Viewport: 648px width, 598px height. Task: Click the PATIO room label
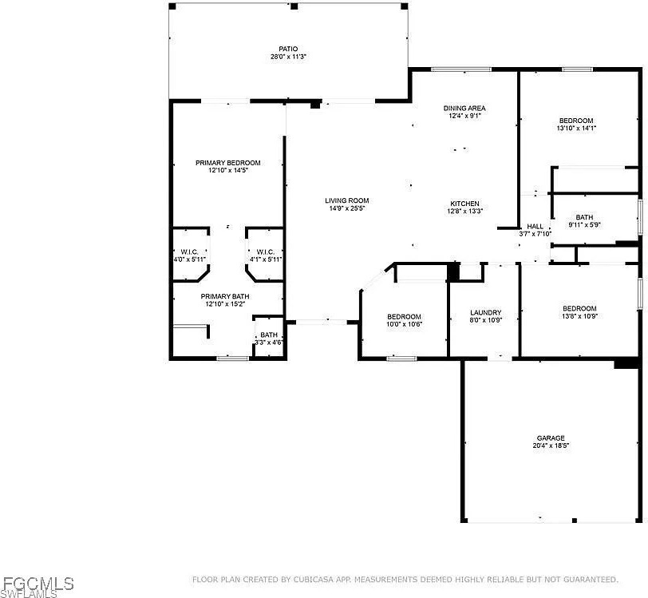(x=288, y=49)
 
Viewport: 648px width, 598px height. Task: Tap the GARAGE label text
(x=551, y=438)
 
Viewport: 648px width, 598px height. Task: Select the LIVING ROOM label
(x=346, y=200)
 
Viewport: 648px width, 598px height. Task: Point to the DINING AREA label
(x=464, y=109)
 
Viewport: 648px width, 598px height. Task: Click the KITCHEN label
(x=464, y=204)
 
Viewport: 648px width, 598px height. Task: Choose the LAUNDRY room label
(x=485, y=313)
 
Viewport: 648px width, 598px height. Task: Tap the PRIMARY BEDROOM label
(x=228, y=163)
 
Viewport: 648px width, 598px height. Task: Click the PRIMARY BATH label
(x=225, y=296)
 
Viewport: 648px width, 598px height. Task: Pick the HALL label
(x=535, y=226)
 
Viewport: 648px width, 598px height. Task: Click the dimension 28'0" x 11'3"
(x=288, y=57)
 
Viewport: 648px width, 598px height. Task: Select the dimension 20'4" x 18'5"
(x=551, y=446)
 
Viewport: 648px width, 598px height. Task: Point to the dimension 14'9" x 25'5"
(x=346, y=208)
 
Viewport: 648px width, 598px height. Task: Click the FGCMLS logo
(x=37, y=586)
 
